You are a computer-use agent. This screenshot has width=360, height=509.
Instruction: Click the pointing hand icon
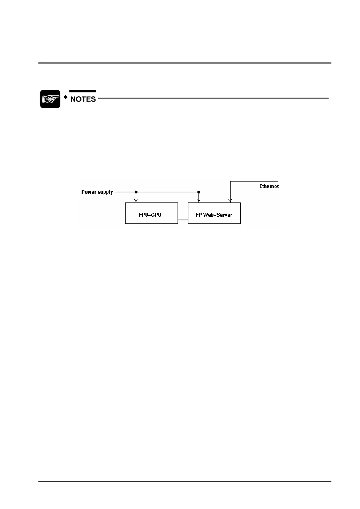click(50, 99)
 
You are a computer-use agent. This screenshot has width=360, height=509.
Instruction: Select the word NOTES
click(83, 99)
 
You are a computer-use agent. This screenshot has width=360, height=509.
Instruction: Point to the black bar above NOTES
click(83, 91)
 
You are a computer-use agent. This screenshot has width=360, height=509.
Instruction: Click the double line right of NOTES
click(213, 98)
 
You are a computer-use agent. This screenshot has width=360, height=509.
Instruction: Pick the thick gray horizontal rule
click(185, 63)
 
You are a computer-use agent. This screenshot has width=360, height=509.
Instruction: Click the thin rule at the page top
click(185, 34)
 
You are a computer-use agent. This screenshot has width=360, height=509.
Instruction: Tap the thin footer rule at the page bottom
click(185, 482)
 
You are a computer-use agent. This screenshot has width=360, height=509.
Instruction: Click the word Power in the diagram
click(89, 192)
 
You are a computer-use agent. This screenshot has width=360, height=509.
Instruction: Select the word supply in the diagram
click(105, 192)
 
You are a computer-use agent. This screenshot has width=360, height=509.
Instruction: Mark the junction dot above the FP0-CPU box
click(136, 192)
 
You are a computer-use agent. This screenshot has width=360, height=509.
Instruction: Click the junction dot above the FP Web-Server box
click(199, 192)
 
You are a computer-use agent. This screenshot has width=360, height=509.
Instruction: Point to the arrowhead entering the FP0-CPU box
click(136, 201)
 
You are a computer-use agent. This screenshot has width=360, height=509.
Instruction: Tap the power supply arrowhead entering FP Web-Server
click(199, 201)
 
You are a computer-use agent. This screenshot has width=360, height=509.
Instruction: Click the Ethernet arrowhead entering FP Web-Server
click(230, 201)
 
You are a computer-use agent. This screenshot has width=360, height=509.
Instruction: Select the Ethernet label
click(269, 186)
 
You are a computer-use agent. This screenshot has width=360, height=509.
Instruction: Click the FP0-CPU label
click(150, 215)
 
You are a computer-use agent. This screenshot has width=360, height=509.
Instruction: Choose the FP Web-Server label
click(214, 215)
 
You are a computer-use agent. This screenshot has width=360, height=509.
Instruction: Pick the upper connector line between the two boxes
click(183, 207)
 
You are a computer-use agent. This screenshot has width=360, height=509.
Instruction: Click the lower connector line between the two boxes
click(183, 220)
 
